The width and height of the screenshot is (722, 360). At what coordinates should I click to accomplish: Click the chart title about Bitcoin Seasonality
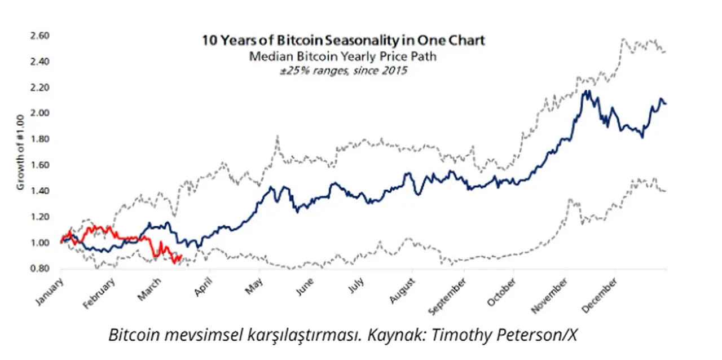tap(344, 41)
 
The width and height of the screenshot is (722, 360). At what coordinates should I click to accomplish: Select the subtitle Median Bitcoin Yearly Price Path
tap(344, 56)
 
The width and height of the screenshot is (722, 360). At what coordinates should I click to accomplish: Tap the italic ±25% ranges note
tap(344, 71)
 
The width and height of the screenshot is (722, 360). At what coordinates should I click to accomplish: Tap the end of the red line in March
tap(180, 257)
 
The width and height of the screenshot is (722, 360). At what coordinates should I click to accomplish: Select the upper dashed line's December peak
tap(623, 39)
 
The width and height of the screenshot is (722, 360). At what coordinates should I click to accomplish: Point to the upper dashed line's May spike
tap(278, 136)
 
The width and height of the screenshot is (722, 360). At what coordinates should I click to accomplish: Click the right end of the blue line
tap(666, 103)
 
